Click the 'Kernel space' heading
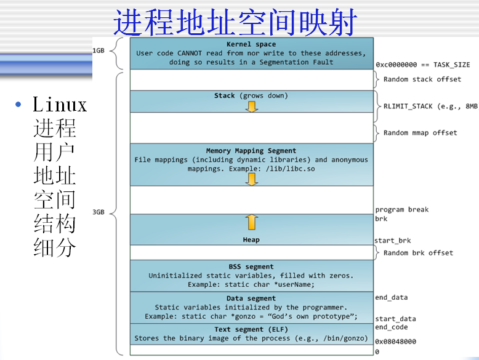point(251,44)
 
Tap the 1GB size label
point(99,50)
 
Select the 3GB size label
point(99,212)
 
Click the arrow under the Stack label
point(251,106)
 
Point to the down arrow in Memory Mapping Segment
point(251,178)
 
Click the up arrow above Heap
point(251,222)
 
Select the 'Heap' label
point(251,239)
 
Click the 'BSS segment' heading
point(251,266)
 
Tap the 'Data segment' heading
point(251,298)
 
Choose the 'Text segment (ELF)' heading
point(251,329)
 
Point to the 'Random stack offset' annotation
point(422,79)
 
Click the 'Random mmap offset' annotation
point(420,133)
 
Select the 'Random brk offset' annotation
point(418,253)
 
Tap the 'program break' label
point(402,210)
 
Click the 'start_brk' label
point(393,241)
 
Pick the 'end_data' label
point(392,298)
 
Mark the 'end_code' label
point(392,327)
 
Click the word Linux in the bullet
point(60,105)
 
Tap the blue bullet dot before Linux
point(19,104)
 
